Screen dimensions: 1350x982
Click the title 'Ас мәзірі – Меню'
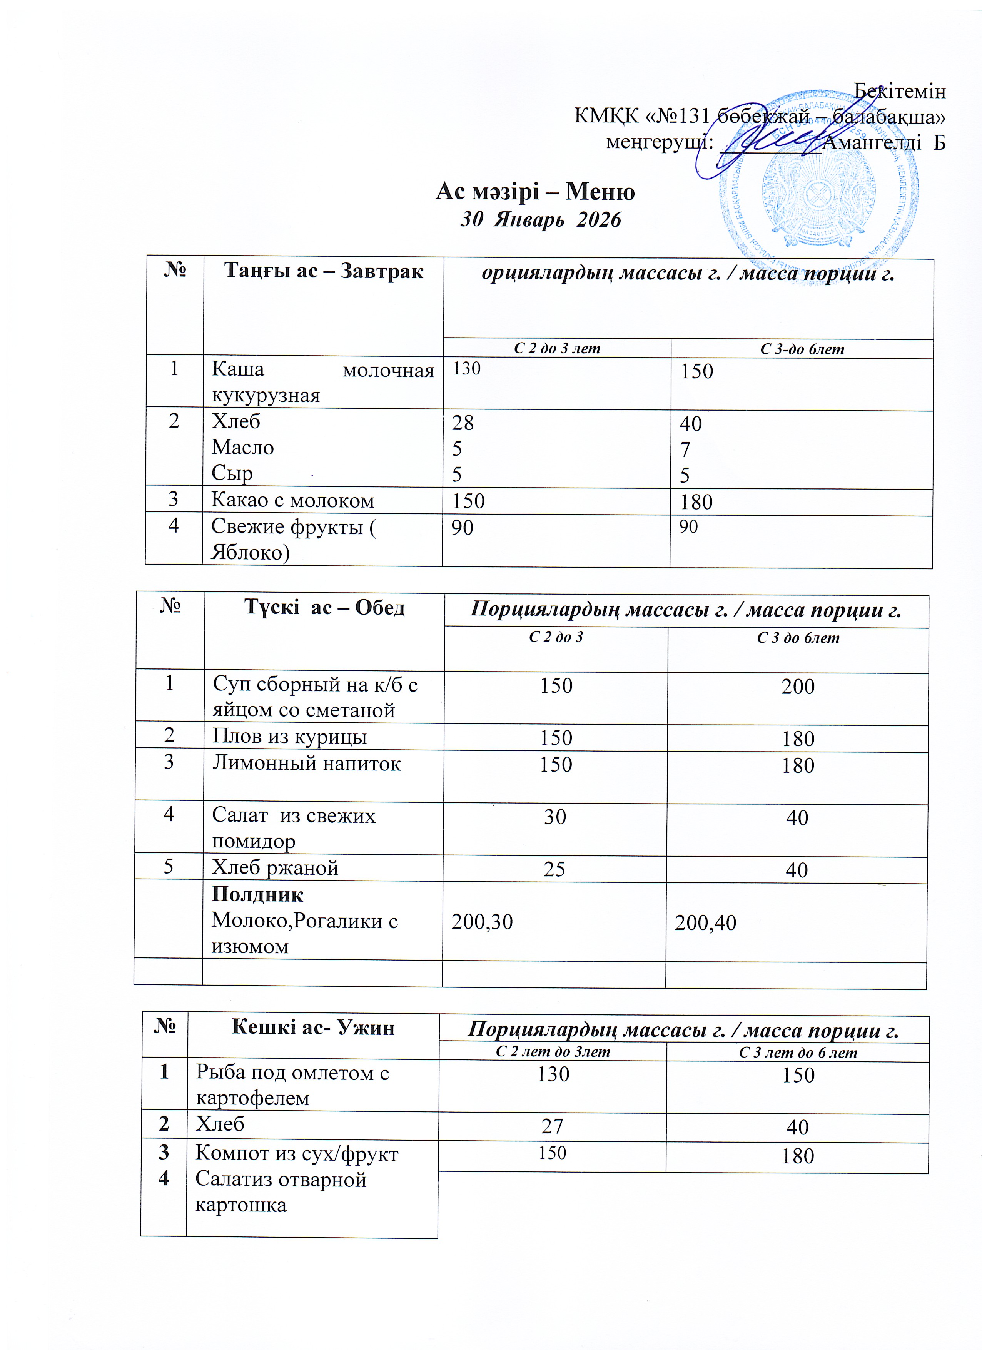pos(535,192)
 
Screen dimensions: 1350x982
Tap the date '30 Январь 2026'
pos(540,220)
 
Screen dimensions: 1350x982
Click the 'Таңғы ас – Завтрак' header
pos(324,271)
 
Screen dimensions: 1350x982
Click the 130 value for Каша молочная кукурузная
pos(467,369)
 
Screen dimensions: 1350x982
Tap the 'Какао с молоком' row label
pos(293,501)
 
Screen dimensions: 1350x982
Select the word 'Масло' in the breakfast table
pos(243,447)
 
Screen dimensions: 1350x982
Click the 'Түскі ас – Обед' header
pos(324,607)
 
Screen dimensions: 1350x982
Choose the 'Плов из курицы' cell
pos(290,737)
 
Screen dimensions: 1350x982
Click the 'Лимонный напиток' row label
pos(307,763)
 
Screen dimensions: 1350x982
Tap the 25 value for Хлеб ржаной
pos(554,869)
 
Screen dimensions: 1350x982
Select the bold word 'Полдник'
pos(258,895)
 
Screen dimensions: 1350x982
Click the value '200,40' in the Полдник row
pos(705,922)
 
